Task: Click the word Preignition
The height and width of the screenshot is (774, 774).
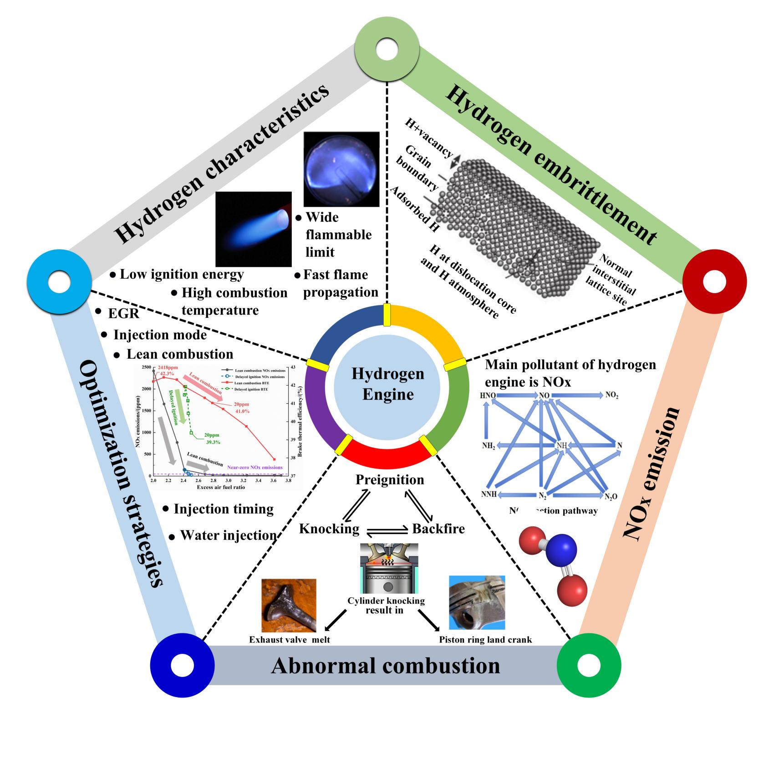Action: (x=390, y=480)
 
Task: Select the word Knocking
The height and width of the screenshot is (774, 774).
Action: (x=329, y=529)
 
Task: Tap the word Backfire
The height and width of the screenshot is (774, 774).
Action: (x=438, y=529)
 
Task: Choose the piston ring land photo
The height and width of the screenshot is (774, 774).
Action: (x=477, y=602)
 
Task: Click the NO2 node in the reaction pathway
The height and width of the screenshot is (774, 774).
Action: (x=611, y=395)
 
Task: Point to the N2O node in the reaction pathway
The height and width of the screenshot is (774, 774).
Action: (x=611, y=496)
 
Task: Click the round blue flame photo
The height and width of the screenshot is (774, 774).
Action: (x=341, y=169)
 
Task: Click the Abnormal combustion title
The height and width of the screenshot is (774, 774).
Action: (x=385, y=666)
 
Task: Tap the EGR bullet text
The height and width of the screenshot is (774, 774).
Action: (x=123, y=314)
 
